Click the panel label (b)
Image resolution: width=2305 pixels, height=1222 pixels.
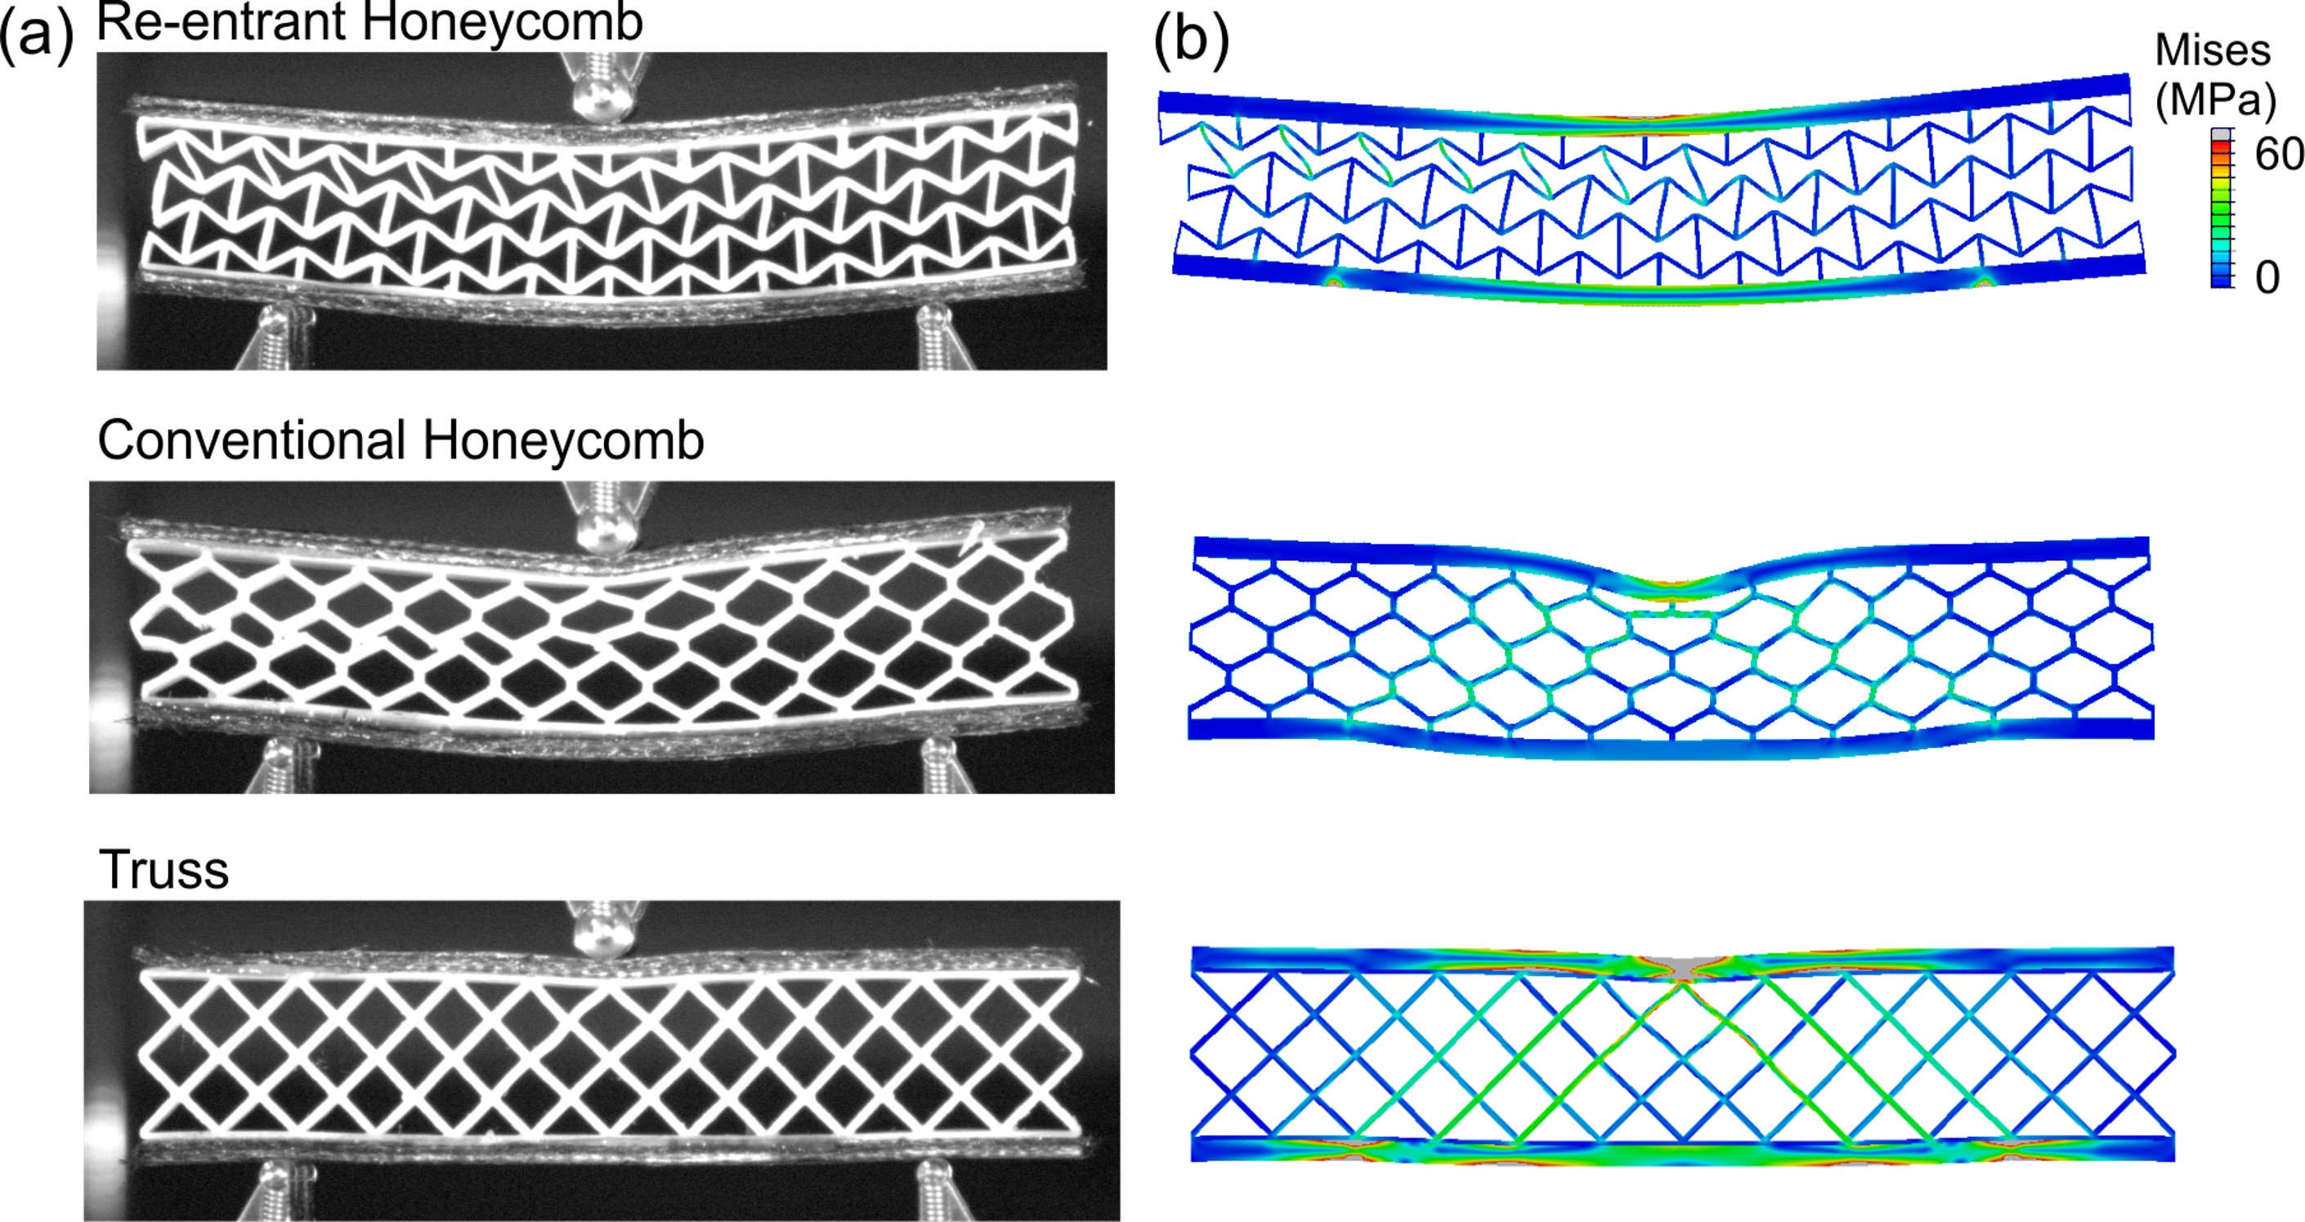tap(1191, 41)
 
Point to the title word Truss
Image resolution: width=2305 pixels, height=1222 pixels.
tap(163, 870)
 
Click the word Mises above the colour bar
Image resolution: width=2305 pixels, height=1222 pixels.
tap(2212, 50)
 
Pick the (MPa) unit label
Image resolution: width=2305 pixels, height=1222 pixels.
tap(2214, 101)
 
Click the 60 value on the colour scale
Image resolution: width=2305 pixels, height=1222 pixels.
tap(2278, 154)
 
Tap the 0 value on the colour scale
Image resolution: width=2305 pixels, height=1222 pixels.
tap(2267, 277)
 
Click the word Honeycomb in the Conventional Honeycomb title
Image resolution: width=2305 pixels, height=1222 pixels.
tap(563, 441)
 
